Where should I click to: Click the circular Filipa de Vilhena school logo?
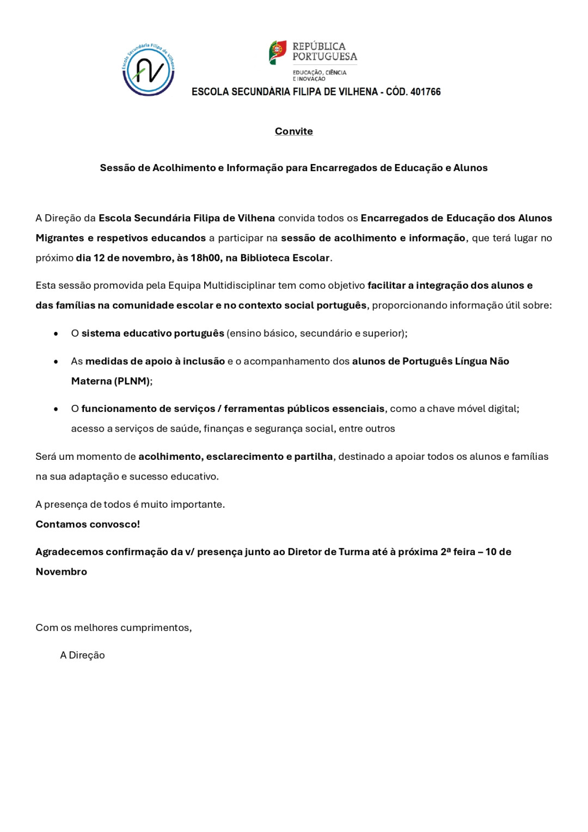click(148, 70)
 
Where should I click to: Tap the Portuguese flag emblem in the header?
click(278, 52)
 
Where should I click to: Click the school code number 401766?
click(425, 92)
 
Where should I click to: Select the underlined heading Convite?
click(293, 131)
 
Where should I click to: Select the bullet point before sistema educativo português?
click(56, 333)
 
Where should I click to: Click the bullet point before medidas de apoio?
click(56, 361)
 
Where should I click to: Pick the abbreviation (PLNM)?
click(132, 381)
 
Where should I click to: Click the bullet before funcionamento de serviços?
click(56, 409)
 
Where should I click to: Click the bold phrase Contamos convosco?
click(88, 524)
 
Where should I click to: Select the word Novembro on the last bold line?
click(62, 572)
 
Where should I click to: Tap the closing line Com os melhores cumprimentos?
click(113, 628)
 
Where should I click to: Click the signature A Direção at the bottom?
click(82, 655)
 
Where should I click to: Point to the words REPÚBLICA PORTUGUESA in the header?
click(324, 51)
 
